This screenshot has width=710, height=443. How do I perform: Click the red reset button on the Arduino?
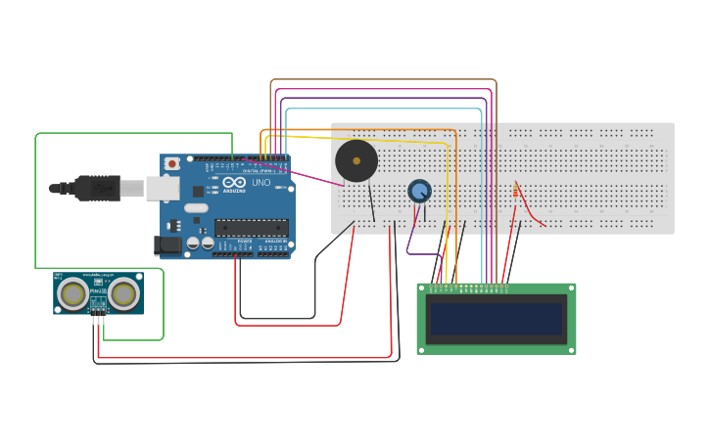(x=172, y=163)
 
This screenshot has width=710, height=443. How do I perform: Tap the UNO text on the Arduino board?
(x=261, y=183)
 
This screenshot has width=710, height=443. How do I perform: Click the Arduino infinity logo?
(x=234, y=182)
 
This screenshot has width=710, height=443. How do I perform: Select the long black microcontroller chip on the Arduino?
(x=251, y=227)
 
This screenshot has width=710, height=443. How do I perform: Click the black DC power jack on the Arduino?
(x=166, y=245)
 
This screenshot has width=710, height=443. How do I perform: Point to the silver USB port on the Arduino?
(x=162, y=188)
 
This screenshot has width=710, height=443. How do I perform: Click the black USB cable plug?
(x=98, y=187)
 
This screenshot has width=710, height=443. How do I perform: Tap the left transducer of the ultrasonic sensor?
(x=72, y=293)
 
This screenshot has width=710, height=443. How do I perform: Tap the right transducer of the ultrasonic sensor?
(x=123, y=293)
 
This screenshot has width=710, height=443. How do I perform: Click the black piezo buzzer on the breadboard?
(x=356, y=160)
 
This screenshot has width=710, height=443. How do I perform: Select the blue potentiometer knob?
(x=419, y=191)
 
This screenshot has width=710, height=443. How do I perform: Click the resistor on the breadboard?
(x=516, y=192)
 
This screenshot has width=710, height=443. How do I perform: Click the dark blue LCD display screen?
(x=497, y=319)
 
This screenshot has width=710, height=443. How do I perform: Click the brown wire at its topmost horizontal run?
(x=382, y=80)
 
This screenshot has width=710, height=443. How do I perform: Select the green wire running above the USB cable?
(x=132, y=134)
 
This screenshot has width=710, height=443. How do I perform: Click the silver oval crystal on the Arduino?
(x=196, y=207)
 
